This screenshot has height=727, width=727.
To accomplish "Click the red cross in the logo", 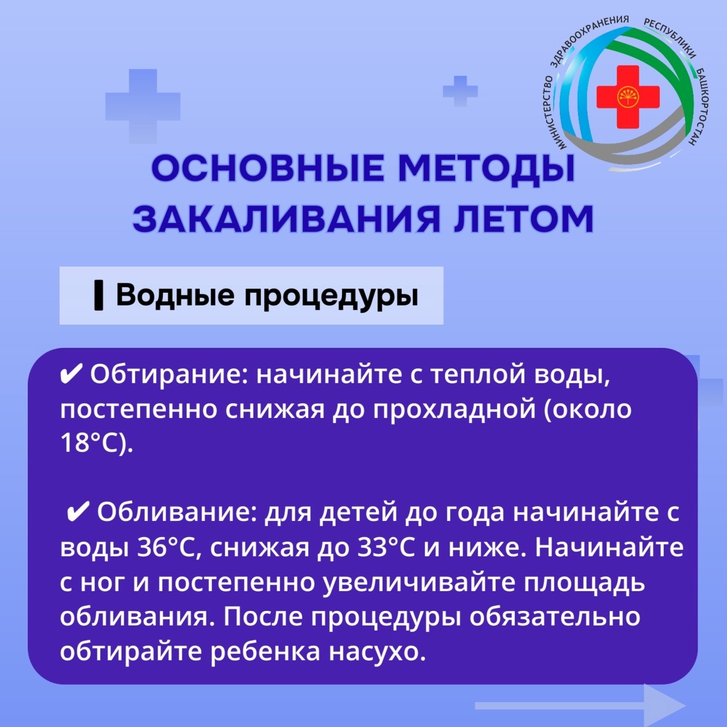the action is [x=628, y=97].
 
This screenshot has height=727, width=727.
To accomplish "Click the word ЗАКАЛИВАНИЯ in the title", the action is [x=286, y=219].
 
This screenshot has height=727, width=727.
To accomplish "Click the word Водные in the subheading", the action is [x=175, y=295].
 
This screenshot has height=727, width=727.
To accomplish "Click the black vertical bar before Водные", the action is [x=98, y=295].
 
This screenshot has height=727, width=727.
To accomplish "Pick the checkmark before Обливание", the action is [x=78, y=512].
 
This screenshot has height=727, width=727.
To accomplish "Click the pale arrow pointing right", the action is [x=580, y=705].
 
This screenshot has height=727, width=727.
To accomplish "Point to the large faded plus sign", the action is [x=142, y=107].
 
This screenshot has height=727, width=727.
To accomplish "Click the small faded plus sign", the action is [x=460, y=91].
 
